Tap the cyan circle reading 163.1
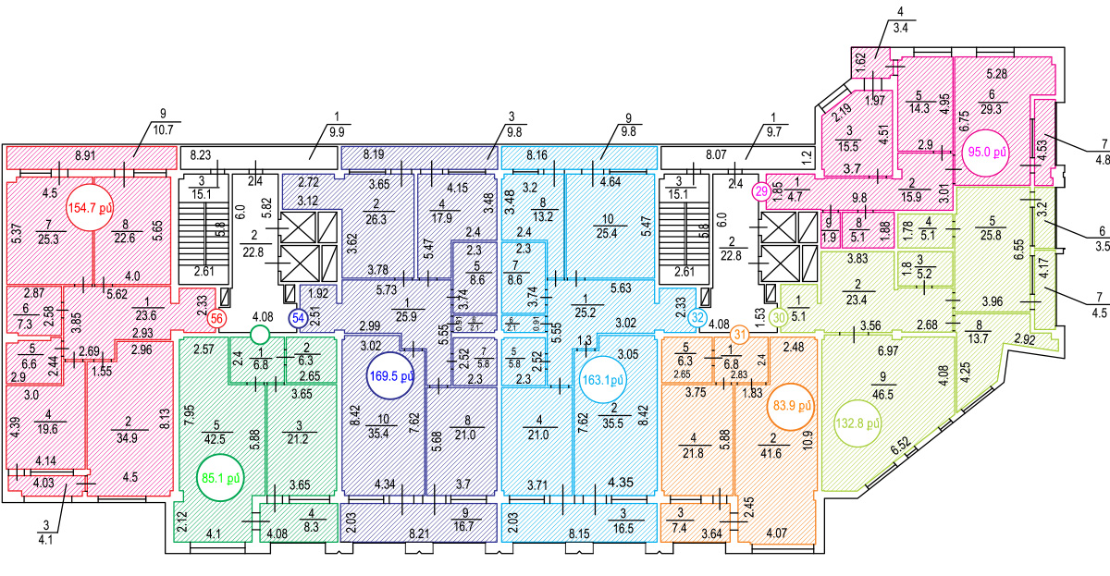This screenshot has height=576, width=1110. [x=603, y=377]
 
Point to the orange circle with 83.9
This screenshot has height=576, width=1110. [x=794, y=406]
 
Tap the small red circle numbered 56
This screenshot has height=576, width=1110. [x=217, y=319]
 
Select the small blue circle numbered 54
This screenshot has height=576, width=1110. [x=298, y=319]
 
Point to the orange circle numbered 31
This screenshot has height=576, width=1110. [x=739, y=334]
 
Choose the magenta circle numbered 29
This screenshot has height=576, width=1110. [x=760, y=191]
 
